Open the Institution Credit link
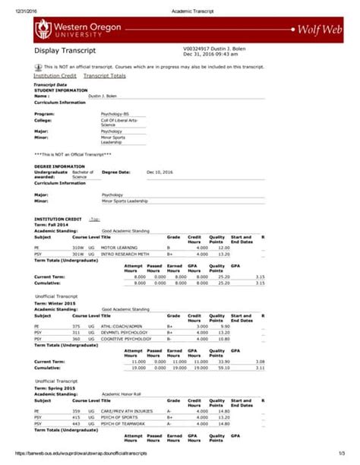[55, 76]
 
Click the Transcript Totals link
[105, 76]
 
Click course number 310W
[77, 248]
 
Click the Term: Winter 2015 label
[56, 303]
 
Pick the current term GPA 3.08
[260, 362]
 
